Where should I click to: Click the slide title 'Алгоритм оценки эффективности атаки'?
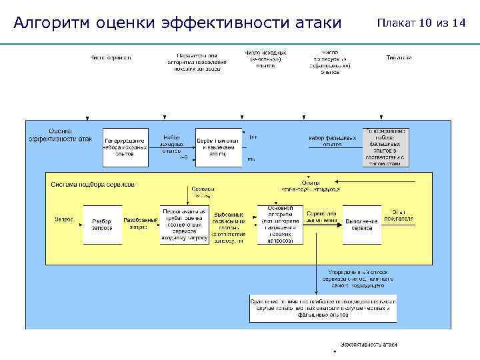pyautogui.click(x=177, y=23)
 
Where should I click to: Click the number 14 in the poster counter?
pyautogui.click(x=459, y=23)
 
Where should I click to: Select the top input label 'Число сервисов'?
pyautogui.click(x=111, y=57)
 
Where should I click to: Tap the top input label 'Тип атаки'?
pyautogui.click(x=398, y=57)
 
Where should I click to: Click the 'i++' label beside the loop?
pyautogui.click(x=253, y=137)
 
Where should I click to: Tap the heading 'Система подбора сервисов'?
pyautogui.click(x=93, y=183)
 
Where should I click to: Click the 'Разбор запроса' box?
pyautogui.click(x=102, y=224)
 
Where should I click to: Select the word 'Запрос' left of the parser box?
pyautogui.click(x=64, y=218)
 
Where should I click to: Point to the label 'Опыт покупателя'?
pyautogui.click(x=402, y=215)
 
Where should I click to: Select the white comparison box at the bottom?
pyautogui.click(x=323, y=309)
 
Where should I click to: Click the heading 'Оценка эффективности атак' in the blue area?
pyautogui.click(x=60, y=135)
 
